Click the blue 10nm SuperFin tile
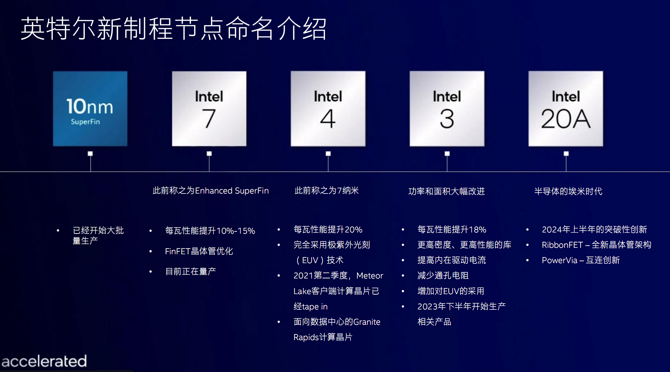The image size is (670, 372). click(90, 109)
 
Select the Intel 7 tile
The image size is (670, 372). click(209, 109)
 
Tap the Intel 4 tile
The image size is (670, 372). click(328, 109)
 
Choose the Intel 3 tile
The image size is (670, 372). click(447, 109)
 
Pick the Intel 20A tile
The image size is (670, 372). click(566, 109)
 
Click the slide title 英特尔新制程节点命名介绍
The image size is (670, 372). click(174, 29)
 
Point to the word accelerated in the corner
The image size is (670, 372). click(44, 361)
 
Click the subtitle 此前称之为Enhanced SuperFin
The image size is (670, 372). click(211, 191)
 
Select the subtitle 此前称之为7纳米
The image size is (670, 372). click(327, 191)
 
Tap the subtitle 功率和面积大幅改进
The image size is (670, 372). click(447, 191)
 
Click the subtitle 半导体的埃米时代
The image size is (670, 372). click(568, 191)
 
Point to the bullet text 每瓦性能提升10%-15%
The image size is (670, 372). click(210, 231)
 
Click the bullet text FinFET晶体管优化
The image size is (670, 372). click(199, 251)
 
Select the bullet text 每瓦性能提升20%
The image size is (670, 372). click(328, 229)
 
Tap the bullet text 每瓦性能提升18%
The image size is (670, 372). click(452, 229)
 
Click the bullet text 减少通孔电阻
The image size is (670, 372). click(443, 275)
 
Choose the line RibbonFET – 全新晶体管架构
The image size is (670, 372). click(596, 245)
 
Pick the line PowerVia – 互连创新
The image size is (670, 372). click(581, 260)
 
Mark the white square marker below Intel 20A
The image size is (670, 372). click(566, 153)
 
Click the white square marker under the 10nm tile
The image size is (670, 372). click(90, 153)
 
